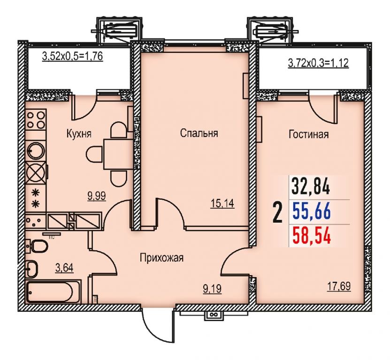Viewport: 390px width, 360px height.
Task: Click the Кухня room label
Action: click(x=79, y=134)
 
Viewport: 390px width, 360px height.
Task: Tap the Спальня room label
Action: click(x=199, y=133)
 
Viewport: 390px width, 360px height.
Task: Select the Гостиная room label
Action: click(x=309, y=135)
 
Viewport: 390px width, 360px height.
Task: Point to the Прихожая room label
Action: click(x=161, y=258)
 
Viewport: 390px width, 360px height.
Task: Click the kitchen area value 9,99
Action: click(x=97, y=196)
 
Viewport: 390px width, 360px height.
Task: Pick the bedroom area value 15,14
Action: click(x=222, y=204)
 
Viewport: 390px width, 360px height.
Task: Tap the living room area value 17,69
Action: click(x=338, y=286)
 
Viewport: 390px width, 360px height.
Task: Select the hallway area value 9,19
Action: click(x=212, y=289)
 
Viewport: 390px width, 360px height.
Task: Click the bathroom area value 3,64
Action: click(x=64, y=268)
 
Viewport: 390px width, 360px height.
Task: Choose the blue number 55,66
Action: click(x=312, y=211)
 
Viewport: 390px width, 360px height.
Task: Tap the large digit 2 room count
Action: click(x=277, y=212)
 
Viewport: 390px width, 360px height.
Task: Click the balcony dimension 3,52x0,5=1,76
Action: click(x=72, y=57)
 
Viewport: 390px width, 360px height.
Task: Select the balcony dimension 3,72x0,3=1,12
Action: click(x=318, y=63)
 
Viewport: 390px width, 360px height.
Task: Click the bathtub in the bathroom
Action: click(x=53, y=291)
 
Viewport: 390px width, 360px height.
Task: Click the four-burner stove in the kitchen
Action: click(x=36, y=120)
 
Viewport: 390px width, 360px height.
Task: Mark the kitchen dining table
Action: click(x=118, y=154)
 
